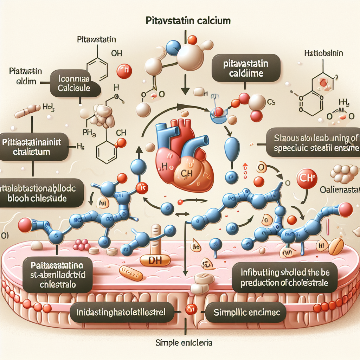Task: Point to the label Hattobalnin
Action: (323, 54)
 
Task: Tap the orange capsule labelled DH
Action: (155, 261)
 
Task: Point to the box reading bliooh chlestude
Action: (41, 193)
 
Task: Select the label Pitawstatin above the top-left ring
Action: (96, 40)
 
